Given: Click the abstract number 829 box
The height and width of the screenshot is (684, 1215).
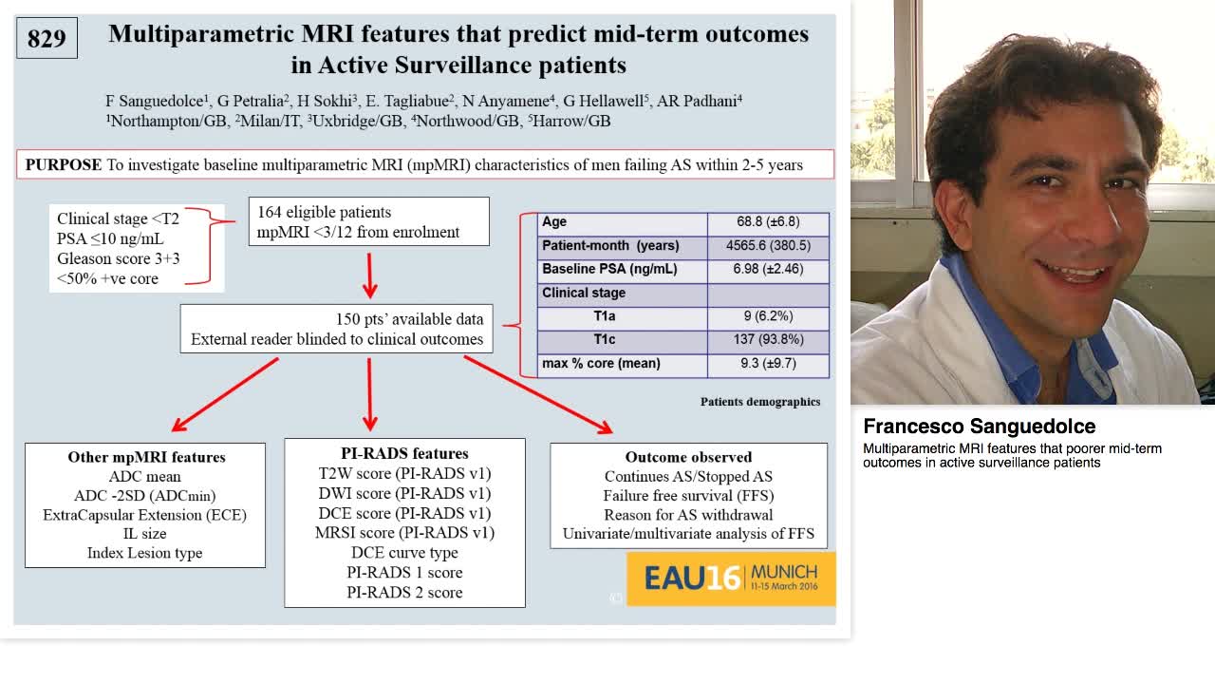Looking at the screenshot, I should pos(47,39).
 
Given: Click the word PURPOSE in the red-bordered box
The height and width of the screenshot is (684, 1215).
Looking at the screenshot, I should pos(64,164).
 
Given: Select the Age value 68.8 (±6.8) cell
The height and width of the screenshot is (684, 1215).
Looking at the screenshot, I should pos(768,222).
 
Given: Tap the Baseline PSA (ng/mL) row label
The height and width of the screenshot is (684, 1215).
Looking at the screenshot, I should pos(609,269).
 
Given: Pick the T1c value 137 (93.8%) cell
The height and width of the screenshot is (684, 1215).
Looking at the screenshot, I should pos(768,339).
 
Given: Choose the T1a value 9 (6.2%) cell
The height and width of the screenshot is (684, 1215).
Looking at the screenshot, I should pos(768,316).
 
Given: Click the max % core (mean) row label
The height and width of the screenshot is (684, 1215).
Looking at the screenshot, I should pos(601,363).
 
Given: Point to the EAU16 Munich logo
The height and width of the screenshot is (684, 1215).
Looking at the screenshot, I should pos(730,578).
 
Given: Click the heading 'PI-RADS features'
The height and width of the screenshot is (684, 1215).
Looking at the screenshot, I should pos(404,453).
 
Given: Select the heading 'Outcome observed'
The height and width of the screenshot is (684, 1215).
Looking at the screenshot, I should pos(688,457).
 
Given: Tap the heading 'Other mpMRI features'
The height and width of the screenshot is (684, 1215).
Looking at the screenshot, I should pos(146,457).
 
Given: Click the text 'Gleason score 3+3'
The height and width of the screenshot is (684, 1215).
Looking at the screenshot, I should pos(118,258).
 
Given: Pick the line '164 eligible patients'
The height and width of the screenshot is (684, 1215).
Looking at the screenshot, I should pos(324,212).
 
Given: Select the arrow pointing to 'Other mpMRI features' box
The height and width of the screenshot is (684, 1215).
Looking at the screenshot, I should pos(225,393).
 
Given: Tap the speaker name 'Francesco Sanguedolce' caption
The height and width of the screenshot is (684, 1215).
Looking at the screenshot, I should pos(979,427).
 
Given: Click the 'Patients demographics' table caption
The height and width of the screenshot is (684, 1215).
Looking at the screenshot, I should pos(760,402).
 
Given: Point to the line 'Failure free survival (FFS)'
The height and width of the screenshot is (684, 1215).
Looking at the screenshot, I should pos(688,495).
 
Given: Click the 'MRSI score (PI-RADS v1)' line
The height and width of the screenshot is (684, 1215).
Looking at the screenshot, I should pos(404,532).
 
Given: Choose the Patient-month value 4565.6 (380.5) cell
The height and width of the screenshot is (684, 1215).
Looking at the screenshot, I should pos(768,246).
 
